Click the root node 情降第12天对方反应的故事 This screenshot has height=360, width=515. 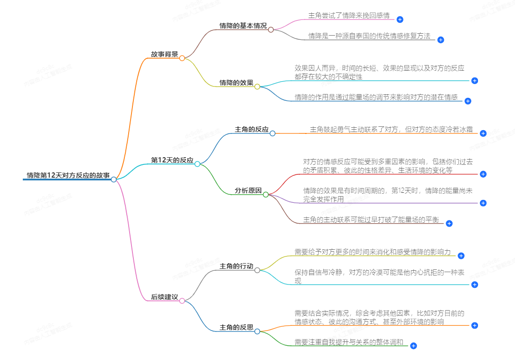pyautogui.click(x=68, y=175)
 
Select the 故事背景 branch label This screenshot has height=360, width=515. pyautogui.click(x=164, y=54)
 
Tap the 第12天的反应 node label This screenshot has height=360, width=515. pyautogui.click(x=172, y=160)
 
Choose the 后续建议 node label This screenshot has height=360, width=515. pyautogui.click(x=164, y=297)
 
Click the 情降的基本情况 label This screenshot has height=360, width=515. pyautogui.click(x=243, y=26)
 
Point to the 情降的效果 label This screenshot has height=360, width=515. pyautogui.click(x=236, y=83)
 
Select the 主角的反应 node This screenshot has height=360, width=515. pyautogui.click(x=252, y=129)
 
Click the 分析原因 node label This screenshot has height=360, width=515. pyautogui.click(x=248, y=190)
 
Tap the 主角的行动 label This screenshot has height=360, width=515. pyautogui.click(x=236, y=266)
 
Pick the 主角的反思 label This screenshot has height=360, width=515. pyautogui.click(x=236, y=328)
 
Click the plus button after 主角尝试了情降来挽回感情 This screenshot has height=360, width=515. pyautogui.click(x=400, y=19)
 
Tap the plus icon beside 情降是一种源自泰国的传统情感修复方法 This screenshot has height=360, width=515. pyautogui.click(x=440, y=40)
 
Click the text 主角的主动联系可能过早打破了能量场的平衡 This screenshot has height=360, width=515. pyautogui.click(x=371, y=219)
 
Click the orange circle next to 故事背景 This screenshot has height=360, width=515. pyautogui.click(x=182, y=58)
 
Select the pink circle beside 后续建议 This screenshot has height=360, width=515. pyautogui.click(x=182, y=301)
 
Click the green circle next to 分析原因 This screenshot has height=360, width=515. pyautogui.click(x=266, y=194)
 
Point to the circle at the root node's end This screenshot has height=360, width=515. pyautogui.click(x=113, y=179)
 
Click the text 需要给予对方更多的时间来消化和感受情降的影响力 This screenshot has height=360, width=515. pyautogui.click(x=373, y=252)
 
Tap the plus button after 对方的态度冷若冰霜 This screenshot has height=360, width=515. pyautogui.click(x=483, y=133)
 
